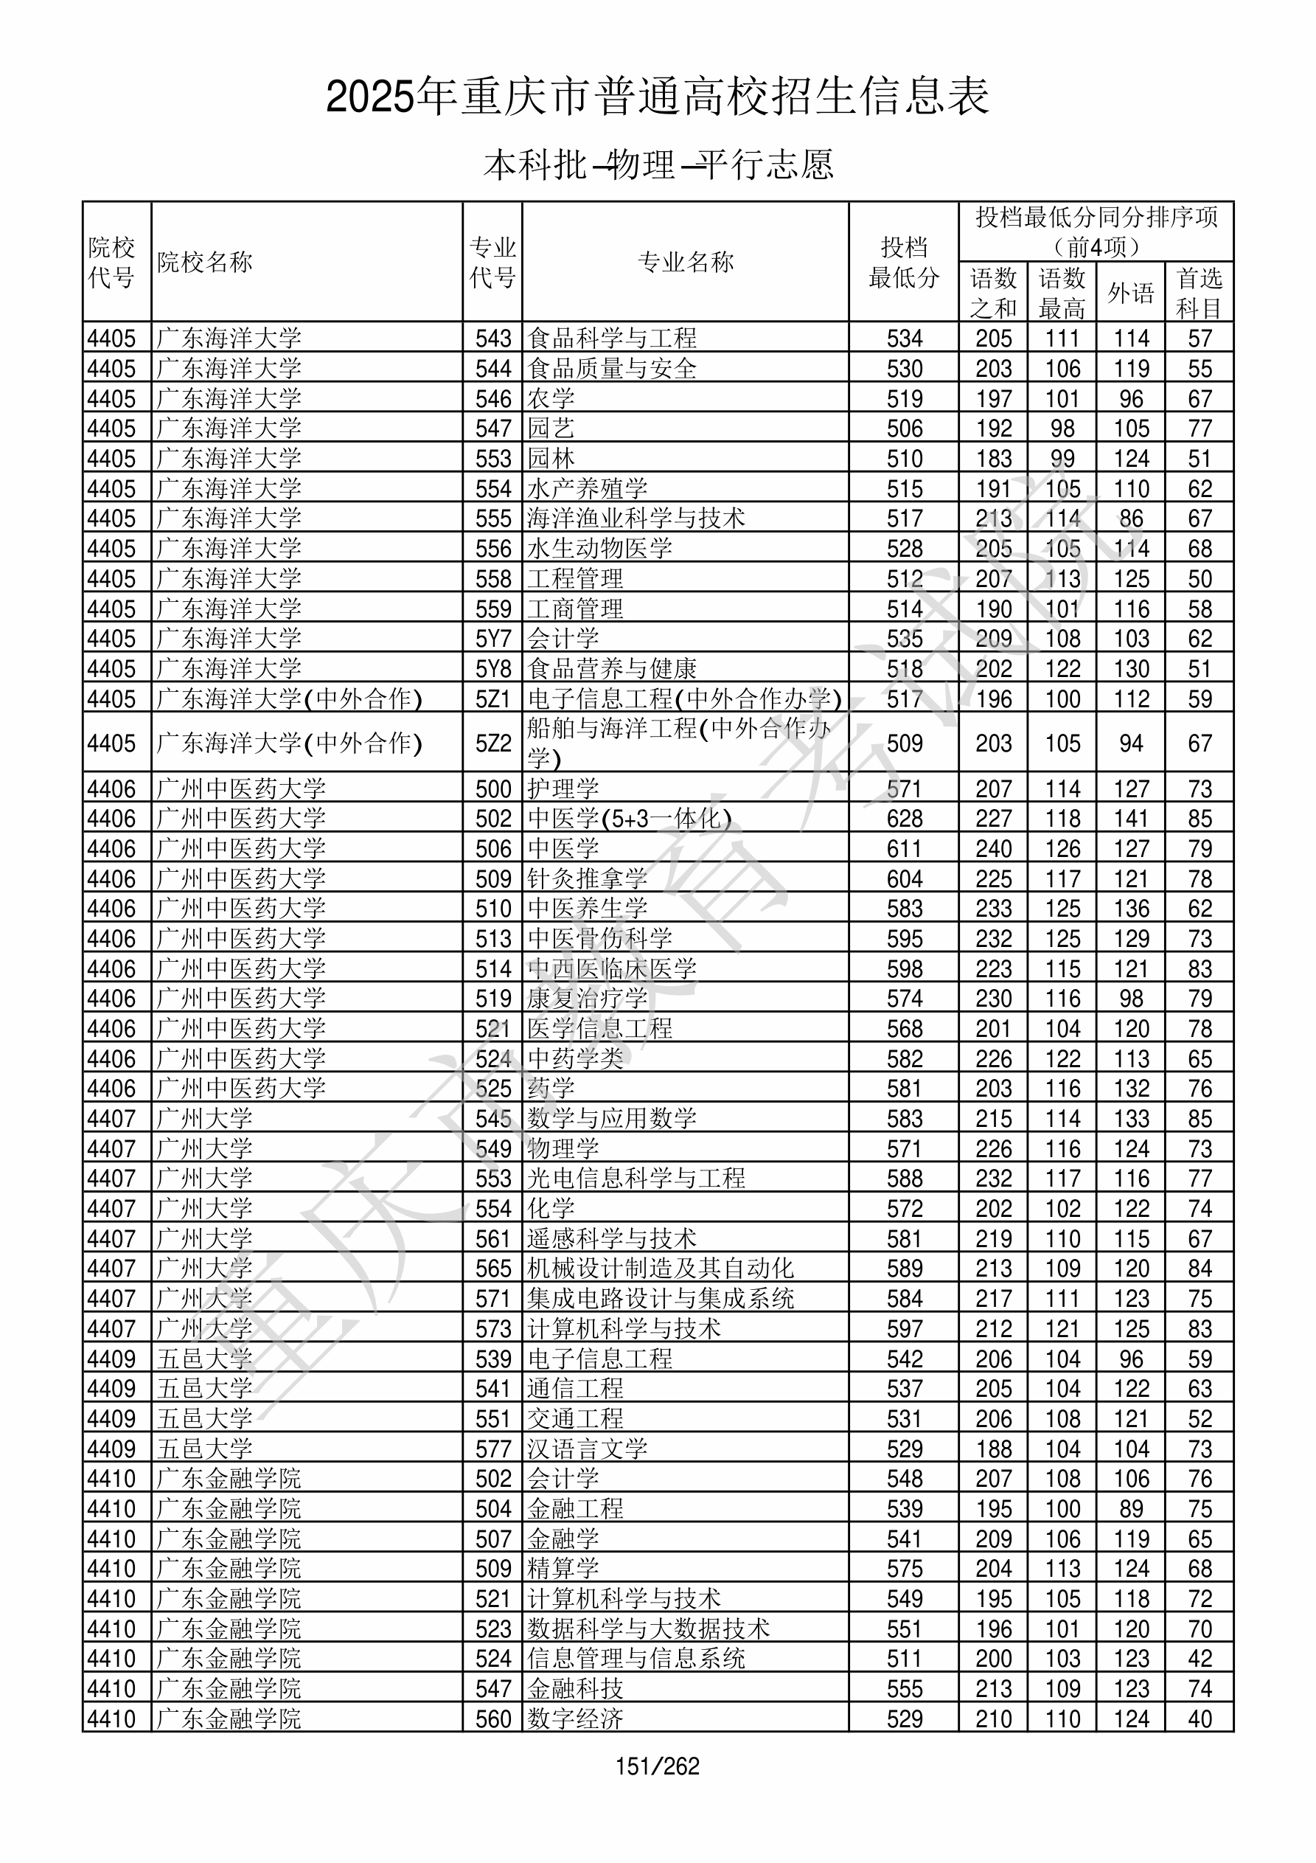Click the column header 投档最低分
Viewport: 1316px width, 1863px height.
click(x=903, y=262)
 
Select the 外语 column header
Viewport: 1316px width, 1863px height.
click(x=1130, y=293)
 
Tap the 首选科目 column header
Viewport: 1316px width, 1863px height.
click(x=1200, y=293)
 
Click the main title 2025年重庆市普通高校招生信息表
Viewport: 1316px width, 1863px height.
click(x=657, y=97)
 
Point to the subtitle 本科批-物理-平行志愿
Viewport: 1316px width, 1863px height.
click(x=657, y=164)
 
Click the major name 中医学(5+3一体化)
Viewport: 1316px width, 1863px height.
click(x=629, y=818)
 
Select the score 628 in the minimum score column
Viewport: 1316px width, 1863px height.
click(x=904, y=818)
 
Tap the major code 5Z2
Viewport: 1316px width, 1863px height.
click(x=492, y=743)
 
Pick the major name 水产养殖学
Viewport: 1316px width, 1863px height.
click(x=587, y=488)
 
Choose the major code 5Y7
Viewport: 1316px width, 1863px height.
click(x=492, y=639)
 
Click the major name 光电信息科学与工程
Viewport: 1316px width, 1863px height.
click(x=636, y=1178)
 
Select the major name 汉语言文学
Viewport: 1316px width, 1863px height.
click(x=587, y=1449)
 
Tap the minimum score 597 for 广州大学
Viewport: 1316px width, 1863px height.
click(x=904, y=1328)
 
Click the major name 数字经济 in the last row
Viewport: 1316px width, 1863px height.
click(x=574, y=1718)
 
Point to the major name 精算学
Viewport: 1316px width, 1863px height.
click(x=563, y=1569)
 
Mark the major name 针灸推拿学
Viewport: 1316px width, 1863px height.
click(x=587, y=878)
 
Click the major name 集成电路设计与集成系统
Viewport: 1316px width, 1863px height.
click(x=660, y=1298)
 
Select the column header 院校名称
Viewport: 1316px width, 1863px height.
click(x=204, y=262)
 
